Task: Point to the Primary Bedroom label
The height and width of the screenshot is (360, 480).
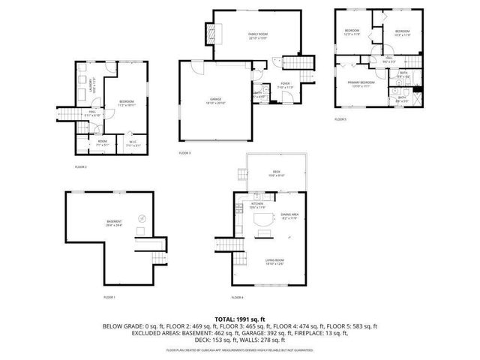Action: (361, 83)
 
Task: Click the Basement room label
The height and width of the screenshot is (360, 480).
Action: (114, 222)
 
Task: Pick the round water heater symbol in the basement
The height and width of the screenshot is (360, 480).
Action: (141, 217)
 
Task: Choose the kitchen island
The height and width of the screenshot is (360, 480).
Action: (264, 220)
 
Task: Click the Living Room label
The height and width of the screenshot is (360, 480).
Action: (274, 262)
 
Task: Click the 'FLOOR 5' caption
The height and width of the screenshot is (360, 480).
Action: (340, 119)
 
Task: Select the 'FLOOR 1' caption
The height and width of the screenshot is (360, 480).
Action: (109, 298)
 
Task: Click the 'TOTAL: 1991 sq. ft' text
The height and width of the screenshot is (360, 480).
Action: (239, 318)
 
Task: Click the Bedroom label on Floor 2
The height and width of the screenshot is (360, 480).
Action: (126, 103)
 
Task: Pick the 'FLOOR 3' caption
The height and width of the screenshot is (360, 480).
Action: (184, 153)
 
